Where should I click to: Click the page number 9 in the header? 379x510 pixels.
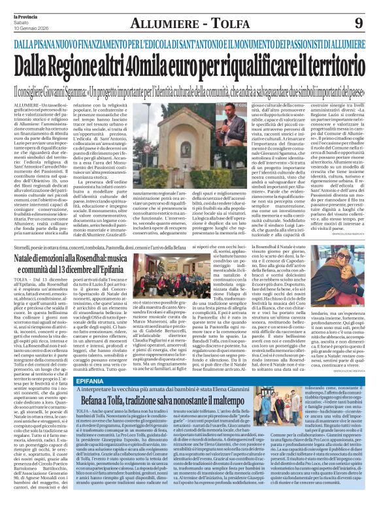360,24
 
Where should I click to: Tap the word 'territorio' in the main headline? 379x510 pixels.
330,65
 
